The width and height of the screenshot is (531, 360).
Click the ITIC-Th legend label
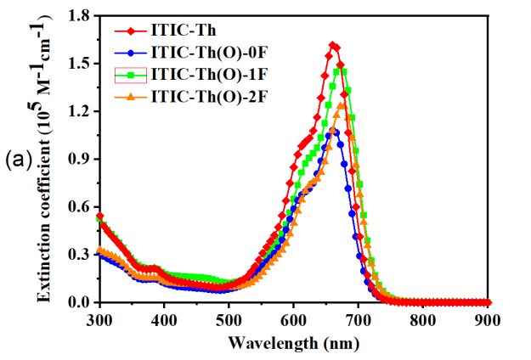tap(180, 32)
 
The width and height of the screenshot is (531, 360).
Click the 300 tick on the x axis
tap(99, 318)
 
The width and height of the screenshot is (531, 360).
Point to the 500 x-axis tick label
tap(229, 318)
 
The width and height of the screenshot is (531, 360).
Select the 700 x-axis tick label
tap(359, 318)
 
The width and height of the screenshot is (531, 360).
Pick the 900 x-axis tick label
tap(489, 318)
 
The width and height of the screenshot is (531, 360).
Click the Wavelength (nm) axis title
tap(293, 343)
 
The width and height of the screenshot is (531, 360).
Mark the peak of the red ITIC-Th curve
tap(332, 45)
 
